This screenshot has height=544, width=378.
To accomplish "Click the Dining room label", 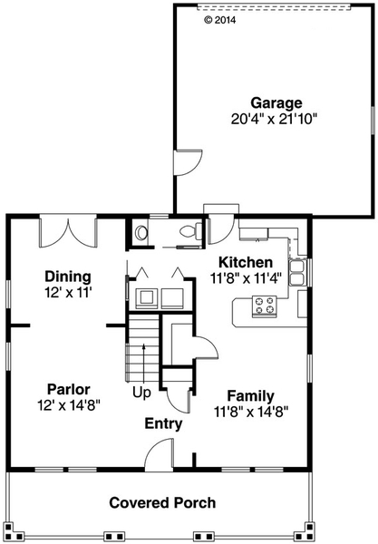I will click(68, 277).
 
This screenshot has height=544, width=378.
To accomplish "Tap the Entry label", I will click(163, 423).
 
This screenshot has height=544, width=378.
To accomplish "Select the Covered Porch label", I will click(162, 502).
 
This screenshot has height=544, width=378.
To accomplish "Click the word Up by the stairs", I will click(142, 393).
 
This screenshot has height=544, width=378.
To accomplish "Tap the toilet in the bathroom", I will click(189, 232).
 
